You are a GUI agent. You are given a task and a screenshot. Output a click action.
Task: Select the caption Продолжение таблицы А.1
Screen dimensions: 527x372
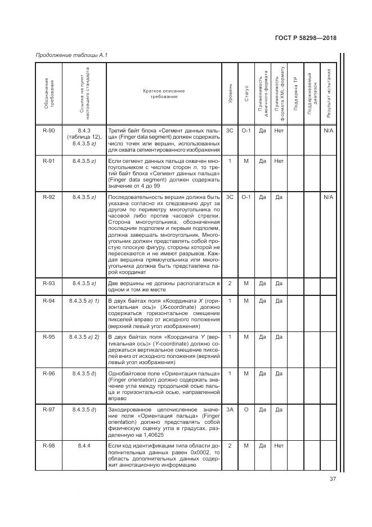tap(71, 55)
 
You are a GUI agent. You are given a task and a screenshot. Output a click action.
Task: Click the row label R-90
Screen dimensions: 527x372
tap(49, 131)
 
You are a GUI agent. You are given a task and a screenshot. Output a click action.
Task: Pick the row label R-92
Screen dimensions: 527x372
tap(49, 197)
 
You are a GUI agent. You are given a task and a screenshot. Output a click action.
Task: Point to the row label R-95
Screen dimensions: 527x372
tap(49, 337)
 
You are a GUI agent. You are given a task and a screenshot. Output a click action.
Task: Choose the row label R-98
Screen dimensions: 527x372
tap(49, 445)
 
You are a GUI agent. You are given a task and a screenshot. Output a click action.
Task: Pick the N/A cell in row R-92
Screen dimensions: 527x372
tap(328, 197)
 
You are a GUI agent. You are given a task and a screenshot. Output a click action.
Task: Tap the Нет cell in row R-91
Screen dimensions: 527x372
tap(279, 161)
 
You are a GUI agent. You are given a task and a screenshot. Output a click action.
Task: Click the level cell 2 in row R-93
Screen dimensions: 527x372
tap(230, 283)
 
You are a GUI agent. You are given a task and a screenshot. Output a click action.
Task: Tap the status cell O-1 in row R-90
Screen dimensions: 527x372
tap(246, 131)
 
